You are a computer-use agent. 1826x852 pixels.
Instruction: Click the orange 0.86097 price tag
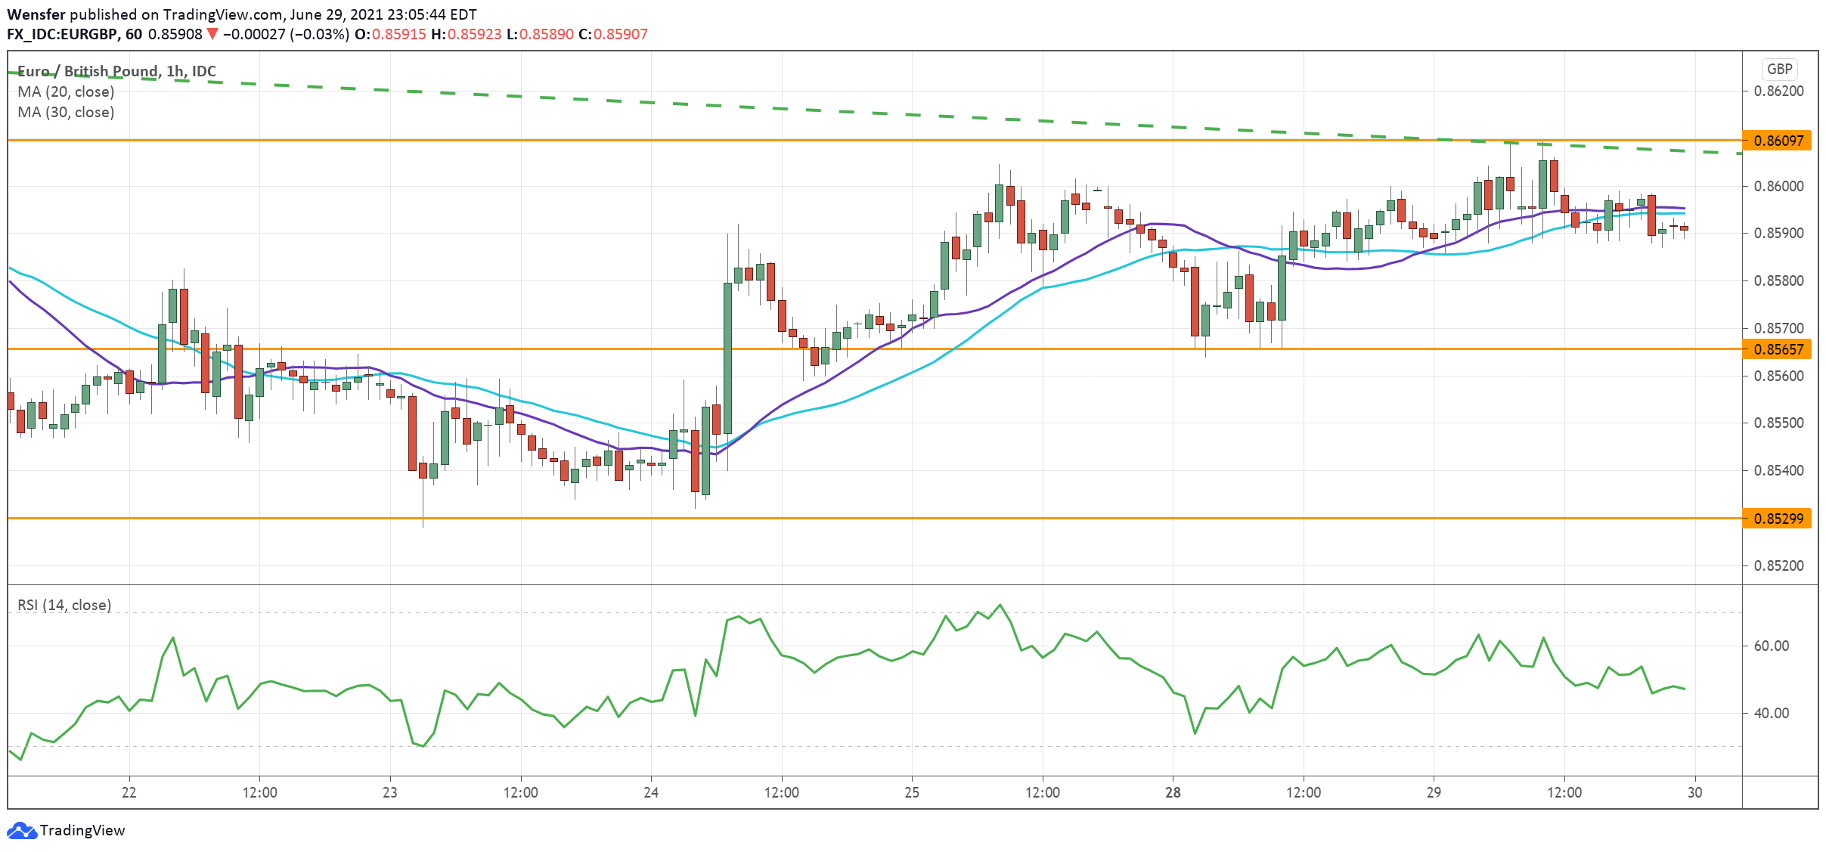[1778, 141]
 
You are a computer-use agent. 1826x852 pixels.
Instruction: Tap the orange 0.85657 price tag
[1778, 349]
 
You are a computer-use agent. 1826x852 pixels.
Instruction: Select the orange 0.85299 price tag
[1778, 519]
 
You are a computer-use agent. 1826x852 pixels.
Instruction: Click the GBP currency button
[1779, 70]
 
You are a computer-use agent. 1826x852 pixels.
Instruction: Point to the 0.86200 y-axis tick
[1778, 91]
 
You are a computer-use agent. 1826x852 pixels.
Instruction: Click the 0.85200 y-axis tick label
[1778, 565]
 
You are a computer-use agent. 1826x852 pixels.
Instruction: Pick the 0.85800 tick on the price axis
[1778, 280]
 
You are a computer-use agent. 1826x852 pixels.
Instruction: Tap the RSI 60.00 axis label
[1771, 646]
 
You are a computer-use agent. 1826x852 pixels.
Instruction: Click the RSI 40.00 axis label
[1771, 713]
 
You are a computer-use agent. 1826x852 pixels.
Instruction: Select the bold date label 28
[1173, 792]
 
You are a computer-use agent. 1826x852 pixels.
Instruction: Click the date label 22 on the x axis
[129, 792]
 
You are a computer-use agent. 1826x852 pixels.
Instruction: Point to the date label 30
[1695, 792]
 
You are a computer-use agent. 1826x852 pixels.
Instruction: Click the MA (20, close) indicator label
[66, 91]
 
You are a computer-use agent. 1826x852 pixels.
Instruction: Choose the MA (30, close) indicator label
[66, 112]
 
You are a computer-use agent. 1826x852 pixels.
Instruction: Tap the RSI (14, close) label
[64, 605]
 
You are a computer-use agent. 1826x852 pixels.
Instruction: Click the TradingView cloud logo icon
[21, 830]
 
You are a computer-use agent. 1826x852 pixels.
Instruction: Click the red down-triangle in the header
[212, 34]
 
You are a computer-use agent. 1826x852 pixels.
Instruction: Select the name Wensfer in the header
[36, 14]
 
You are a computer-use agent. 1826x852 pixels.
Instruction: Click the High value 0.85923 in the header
[474, 34]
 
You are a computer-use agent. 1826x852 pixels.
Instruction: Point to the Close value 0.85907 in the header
[620, 34]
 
